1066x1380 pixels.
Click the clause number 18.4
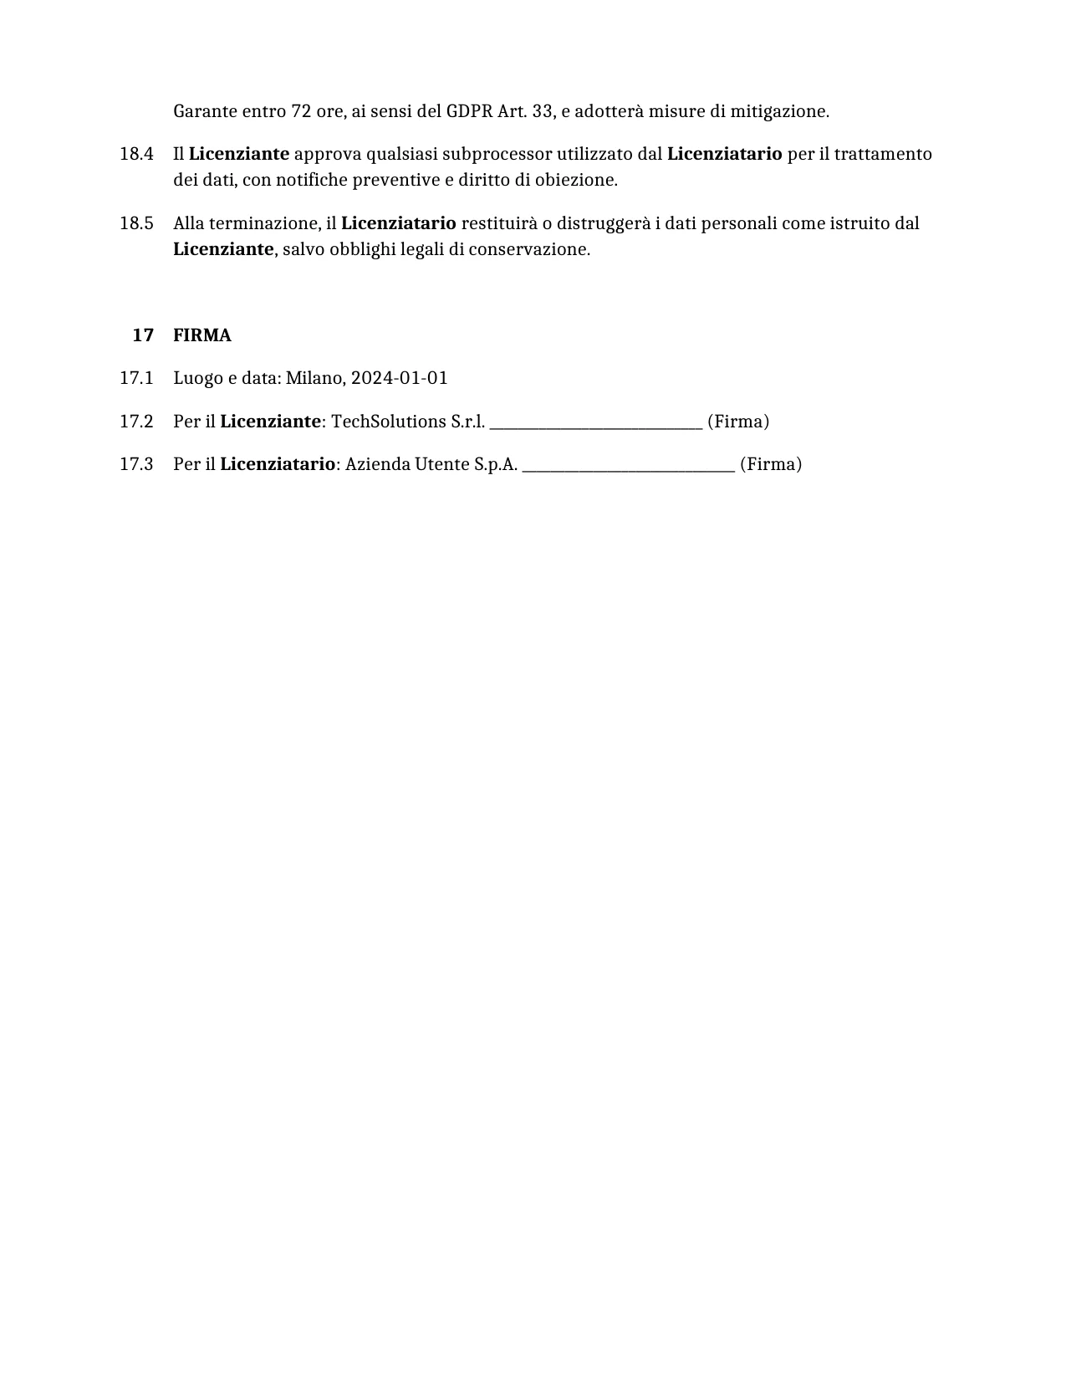point(136,154)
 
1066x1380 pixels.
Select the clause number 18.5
point(136,223)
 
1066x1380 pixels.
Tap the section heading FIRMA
point(202,335)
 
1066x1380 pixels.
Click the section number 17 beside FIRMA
point(143,335)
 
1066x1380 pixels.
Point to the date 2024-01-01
point(399,378)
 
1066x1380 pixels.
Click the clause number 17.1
point(136,378)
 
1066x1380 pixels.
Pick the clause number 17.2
point(136,422)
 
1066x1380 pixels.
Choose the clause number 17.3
point(136,464)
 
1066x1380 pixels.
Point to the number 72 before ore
point(301,111)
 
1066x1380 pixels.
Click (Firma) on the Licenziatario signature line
point(771,464)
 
